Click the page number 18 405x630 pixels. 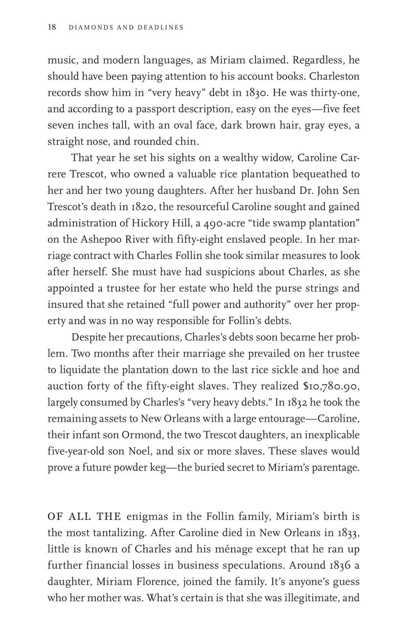pos(52,28)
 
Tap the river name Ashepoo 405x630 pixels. pos(95,239)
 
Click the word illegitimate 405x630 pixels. pos(307,598)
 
